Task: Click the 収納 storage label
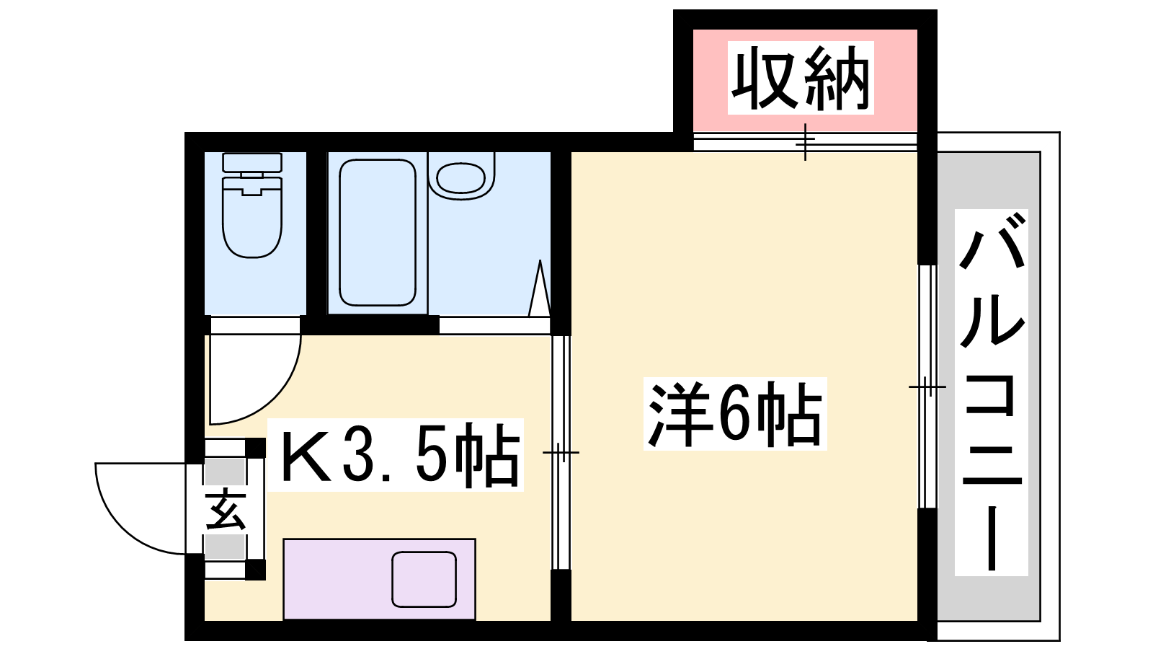[801, 78]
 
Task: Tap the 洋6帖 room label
[735, 414]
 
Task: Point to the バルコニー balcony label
[992, 392]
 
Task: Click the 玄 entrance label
[226, 510]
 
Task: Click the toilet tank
[252, 162]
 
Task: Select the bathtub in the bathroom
[378, 232]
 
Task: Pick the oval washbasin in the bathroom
[460, 178]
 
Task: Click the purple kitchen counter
[379, 579]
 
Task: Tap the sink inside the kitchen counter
[424, 580]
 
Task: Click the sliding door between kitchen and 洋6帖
[561, 452]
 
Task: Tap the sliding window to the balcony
[927, 387]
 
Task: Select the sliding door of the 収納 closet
[806, 141]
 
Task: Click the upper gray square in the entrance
[224, 472]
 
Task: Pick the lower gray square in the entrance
[224, 547]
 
